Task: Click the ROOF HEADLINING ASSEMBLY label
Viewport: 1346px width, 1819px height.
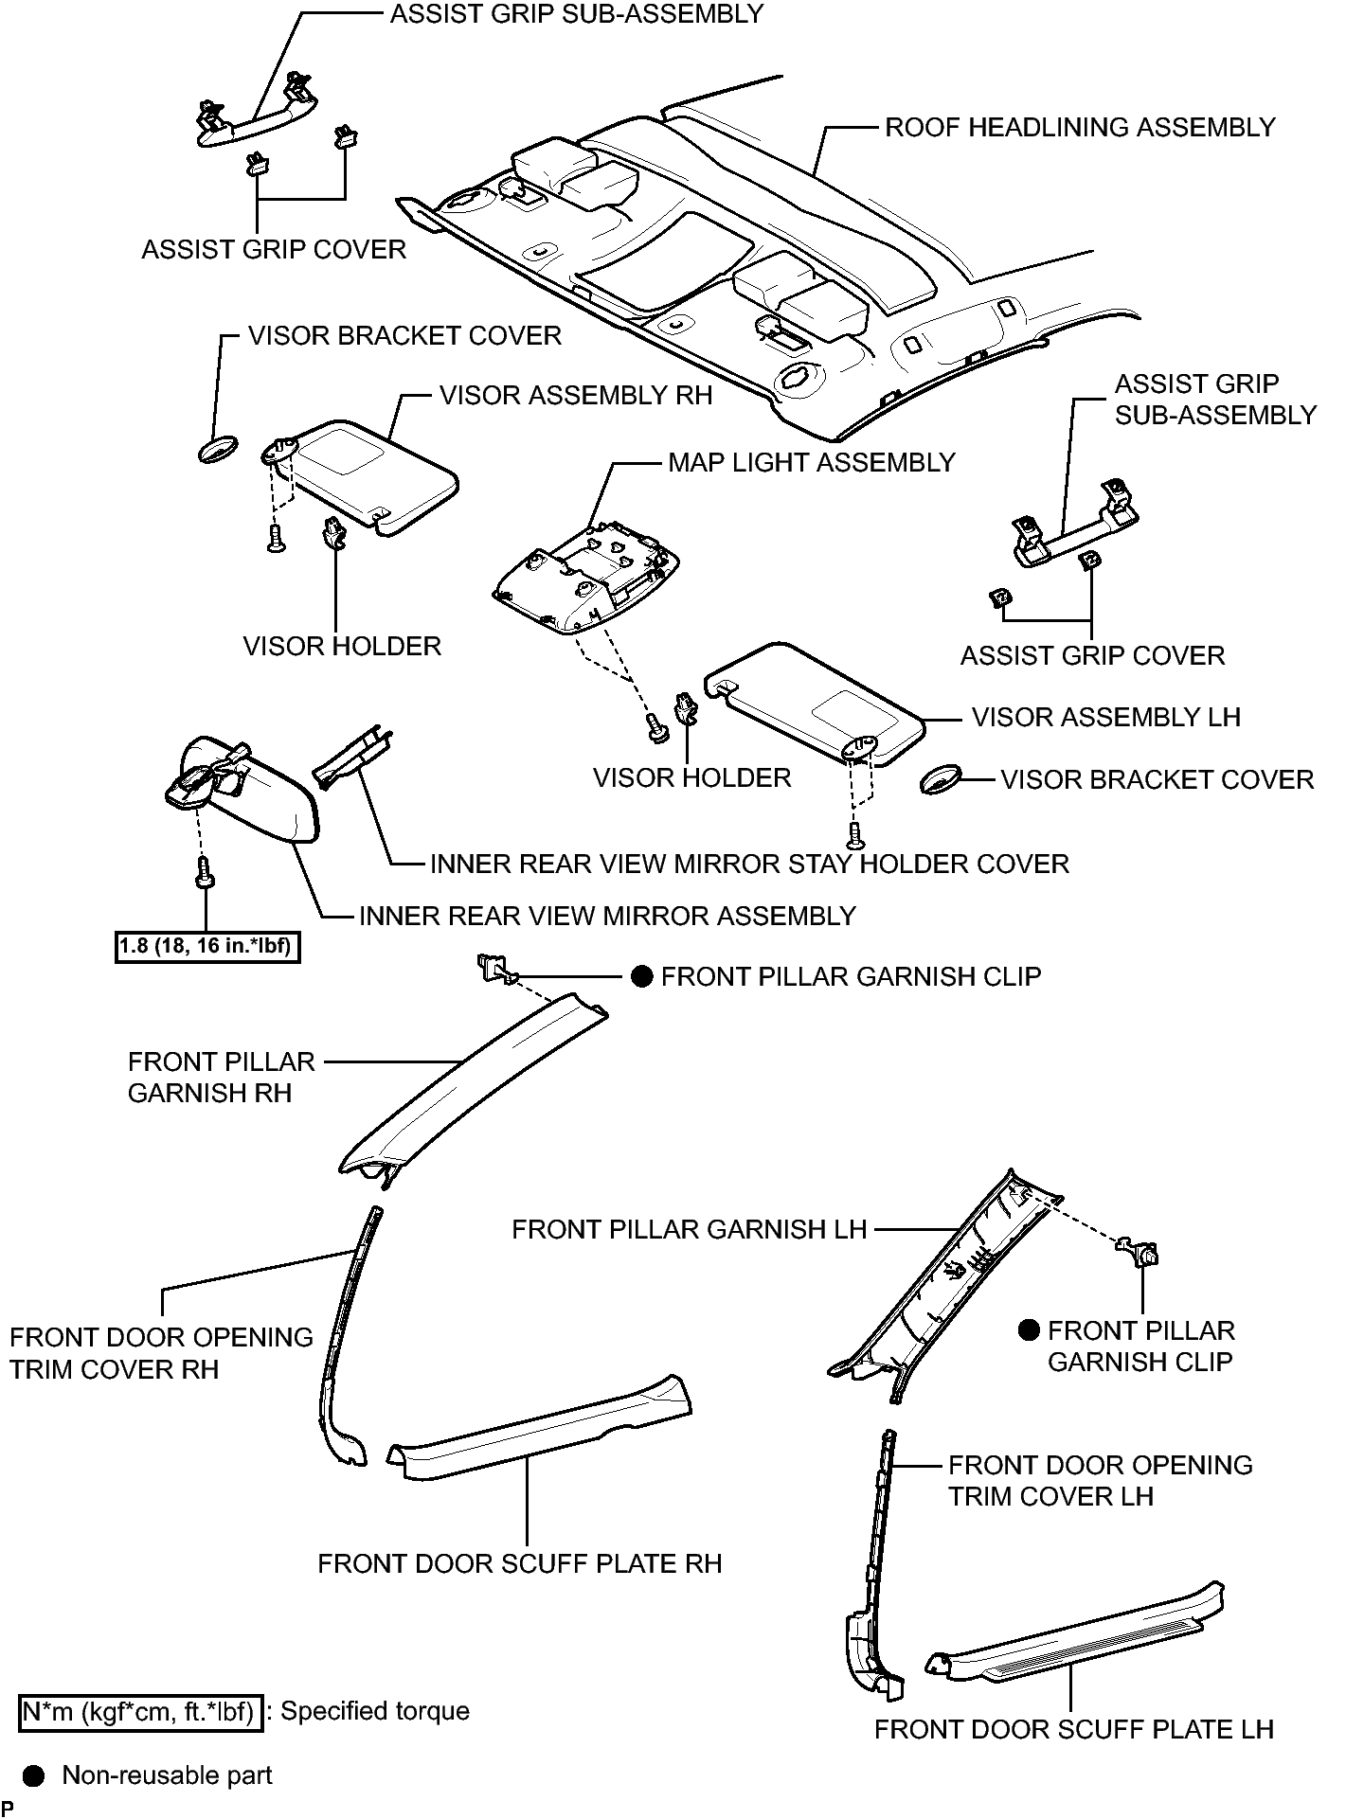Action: pos(1080,128)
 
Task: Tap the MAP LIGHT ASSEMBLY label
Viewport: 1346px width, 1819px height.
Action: pos(812,463)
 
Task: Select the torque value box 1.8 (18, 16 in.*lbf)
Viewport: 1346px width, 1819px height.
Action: pos(207,946)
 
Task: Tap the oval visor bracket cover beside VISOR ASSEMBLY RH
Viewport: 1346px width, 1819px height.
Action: pos(218,449)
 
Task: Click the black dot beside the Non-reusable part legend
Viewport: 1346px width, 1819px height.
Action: pos(34,1775)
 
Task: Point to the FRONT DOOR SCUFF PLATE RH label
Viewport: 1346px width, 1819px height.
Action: pos(519,1563)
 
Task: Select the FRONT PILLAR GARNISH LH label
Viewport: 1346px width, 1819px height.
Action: pos(689,1230)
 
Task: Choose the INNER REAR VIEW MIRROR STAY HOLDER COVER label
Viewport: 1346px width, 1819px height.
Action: pos(749,865)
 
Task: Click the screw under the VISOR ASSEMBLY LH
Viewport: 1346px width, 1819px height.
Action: pos(857,834)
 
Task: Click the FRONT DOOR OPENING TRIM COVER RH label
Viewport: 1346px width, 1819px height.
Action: pos(161,1353)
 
